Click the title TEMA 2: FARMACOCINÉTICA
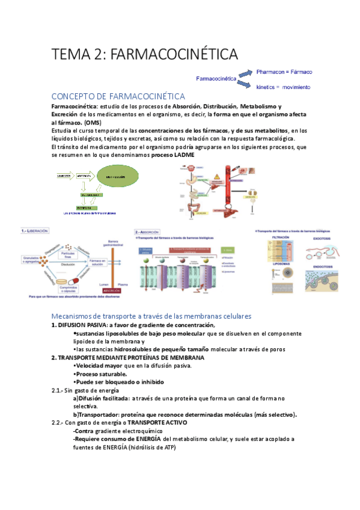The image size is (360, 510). coord(145,54)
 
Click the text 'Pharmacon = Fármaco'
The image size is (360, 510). coord(284,72)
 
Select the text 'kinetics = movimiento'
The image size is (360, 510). coord(283,87)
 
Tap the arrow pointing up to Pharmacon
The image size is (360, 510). coord(245,73)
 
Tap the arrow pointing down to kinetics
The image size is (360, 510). coord(245,85)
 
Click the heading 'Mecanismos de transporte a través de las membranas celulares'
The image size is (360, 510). coord(151,316)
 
